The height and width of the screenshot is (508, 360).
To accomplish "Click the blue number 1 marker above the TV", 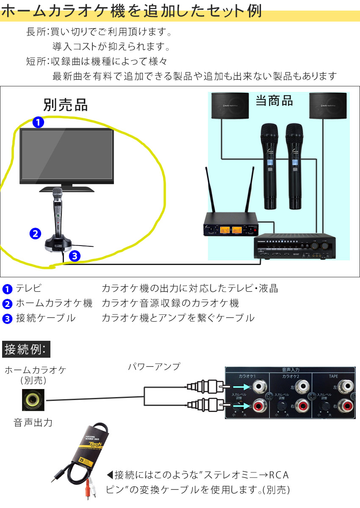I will coord(38,123).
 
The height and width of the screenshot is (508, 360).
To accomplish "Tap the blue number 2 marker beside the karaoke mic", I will coord(35,233).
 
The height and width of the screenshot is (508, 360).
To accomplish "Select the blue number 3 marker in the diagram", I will coord(74,256).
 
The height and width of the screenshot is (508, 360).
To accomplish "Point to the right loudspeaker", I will coord(329,106).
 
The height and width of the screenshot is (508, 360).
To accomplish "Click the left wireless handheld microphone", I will coord(270,165).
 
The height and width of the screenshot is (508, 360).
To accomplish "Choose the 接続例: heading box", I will coord(27,349).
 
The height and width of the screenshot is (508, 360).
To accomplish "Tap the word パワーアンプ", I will coord(154,367).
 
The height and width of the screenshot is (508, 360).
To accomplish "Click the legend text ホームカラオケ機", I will coord(54,303).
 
